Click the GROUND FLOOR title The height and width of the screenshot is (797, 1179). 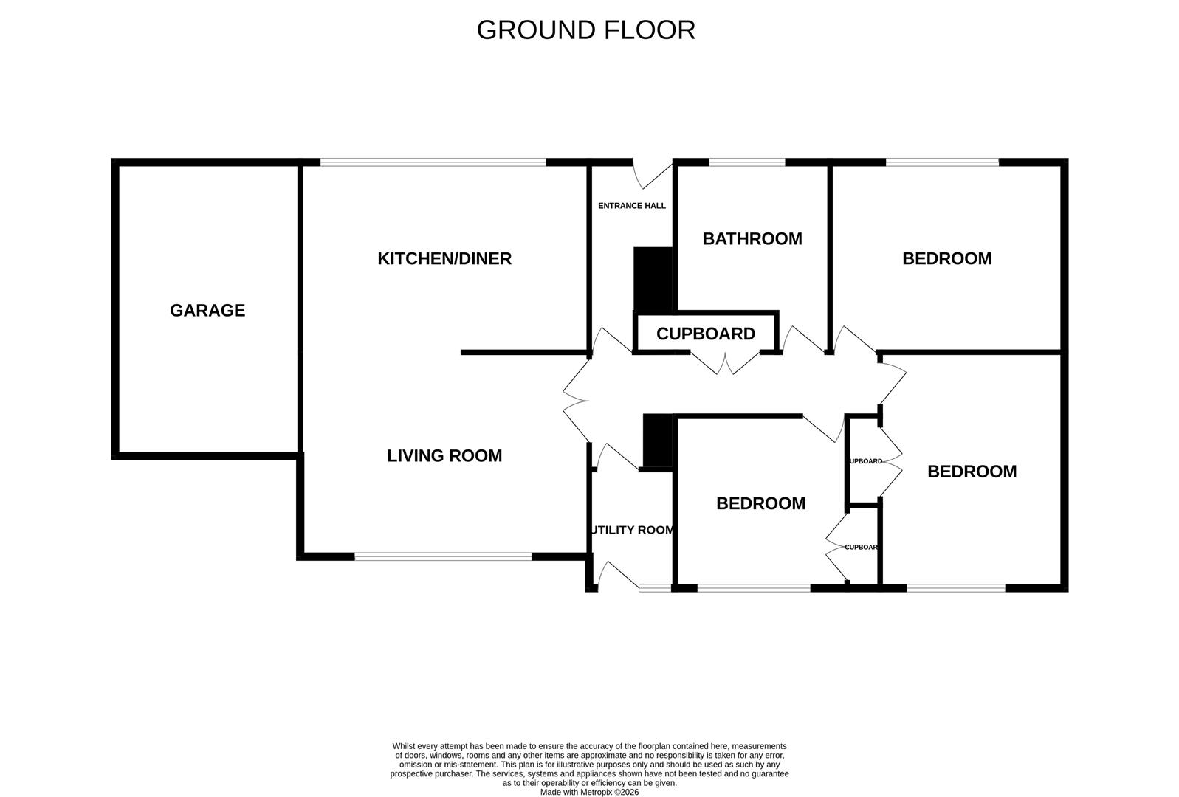[585, 30]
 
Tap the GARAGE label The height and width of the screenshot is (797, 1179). [207, 311]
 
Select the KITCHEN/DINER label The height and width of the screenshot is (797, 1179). [444, 258]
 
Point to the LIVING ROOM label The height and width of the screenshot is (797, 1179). [444, 456]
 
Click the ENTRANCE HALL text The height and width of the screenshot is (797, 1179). [631, 206]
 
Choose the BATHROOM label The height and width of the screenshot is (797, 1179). [752, 239]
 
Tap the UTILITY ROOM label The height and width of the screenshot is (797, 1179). [632, 530]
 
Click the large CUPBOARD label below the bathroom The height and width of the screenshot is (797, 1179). [705, 334]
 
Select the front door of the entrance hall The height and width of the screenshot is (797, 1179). [652, 173]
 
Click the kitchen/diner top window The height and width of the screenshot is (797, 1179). [433, 162]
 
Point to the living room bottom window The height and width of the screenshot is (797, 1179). [443, 556]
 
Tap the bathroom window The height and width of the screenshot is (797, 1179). [746, 162]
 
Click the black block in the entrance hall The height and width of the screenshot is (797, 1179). [653, 279]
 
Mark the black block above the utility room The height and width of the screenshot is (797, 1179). [656, 441]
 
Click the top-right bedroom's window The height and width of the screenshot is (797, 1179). [941, 162]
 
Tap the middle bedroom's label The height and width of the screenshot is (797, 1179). [760, 503]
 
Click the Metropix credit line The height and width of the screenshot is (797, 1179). [589, 792]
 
